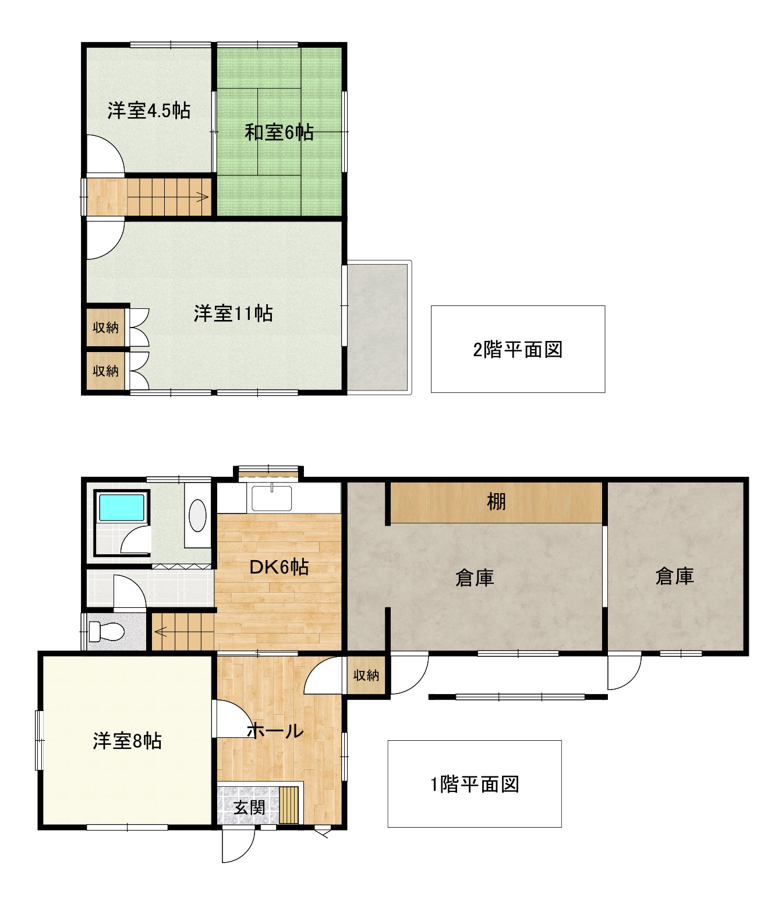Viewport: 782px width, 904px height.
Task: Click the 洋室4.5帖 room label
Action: click(x=149, y=111)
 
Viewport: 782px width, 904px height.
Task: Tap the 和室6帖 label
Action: click(x=279, y=132)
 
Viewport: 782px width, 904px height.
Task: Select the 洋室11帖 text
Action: click(x=233, y=314)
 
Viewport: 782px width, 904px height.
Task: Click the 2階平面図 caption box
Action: click(x=518, y=349)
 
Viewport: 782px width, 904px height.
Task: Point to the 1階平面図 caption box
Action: click(x=475, y=784)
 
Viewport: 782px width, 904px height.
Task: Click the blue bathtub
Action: click(x=122, y=507)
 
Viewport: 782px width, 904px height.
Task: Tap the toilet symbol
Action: click(x=106, y=632)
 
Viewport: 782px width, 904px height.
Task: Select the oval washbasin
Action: click(x=197, y=516)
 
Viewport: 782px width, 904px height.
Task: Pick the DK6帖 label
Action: click(x=279, y=567)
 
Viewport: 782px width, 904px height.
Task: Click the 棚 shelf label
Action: click(x=496, y=502)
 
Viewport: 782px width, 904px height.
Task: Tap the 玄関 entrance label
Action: click(x=249, y=807)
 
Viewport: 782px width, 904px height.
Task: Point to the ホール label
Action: click(x=275, y=731)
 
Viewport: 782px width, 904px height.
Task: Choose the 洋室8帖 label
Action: click(x=127, y=741)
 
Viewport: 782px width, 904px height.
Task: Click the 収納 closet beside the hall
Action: click(x=366, y=676)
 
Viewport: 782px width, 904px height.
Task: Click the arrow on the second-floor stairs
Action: click(x=202, y=197)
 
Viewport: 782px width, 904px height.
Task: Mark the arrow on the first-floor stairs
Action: click(x=161, y=632)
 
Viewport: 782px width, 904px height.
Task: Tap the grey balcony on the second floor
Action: click(x=377, y=328)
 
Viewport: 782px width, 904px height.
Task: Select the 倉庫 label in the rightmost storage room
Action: click(x=674, y=576)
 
